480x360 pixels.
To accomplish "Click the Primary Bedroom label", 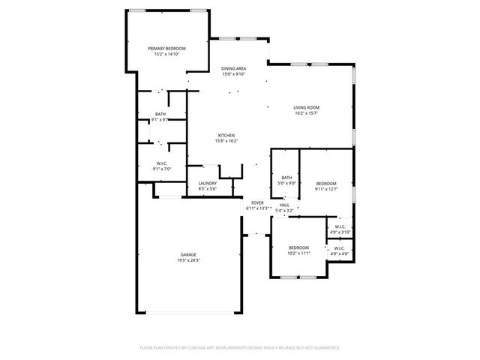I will pyautogui.click(x=166, y=48).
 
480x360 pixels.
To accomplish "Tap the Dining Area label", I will pyautogui.click(x=234, y=68).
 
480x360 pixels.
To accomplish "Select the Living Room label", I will pyautogui.click(x=306, y=108).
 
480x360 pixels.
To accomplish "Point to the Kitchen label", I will pyautogui.click(x=226, y=136).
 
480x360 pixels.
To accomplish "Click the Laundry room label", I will pyautogui.click(x=208, y=183).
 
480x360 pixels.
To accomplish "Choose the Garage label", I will pyautogui.click(x=188, y=255).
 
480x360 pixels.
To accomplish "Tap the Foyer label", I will pyautogui.click(x=257, y=202).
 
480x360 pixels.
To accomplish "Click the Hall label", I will pyautogui.click(x=284, y=205).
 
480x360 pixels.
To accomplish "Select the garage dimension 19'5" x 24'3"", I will pyautogui.click(x=188, y=260).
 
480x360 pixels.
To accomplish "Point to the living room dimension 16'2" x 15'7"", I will pyautogui.click(x=306, y=113).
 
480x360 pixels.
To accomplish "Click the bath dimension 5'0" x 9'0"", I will pyautogui.click(x=286, y=183).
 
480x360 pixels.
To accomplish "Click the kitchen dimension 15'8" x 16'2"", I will pyautogui.click(x=226, y=141).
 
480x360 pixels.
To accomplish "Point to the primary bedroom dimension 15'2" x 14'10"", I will pyautogui.click(x=166, y=53).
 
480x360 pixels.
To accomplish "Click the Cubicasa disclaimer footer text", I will pyautogui.click(x=240, y=347).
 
